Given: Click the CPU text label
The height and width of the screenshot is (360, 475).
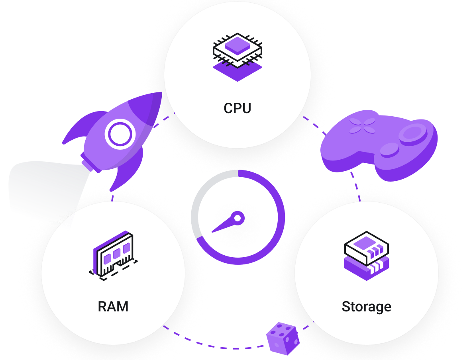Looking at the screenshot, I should pyautogui.click(x=237, y=108).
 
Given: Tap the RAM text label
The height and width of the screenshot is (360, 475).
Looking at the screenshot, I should pyautogui.click(x=113, y=307).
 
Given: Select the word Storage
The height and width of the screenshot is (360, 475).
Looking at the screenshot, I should pyautogui.click(x=366, y=307).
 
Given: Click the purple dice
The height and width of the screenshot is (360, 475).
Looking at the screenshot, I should pyautogui.click(x=283, y=339).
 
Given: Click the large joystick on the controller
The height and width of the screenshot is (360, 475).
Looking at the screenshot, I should pyautogui.click(x=413, y=133).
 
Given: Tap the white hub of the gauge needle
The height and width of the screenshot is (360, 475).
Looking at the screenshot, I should pyautogui.click(x=237, y=218).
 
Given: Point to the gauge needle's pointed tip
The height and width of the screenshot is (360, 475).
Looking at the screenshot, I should pyautogui.click(x=213, y=232).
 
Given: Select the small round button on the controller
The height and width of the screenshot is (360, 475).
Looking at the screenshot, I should pyautogui.click(x=389, y=150).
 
